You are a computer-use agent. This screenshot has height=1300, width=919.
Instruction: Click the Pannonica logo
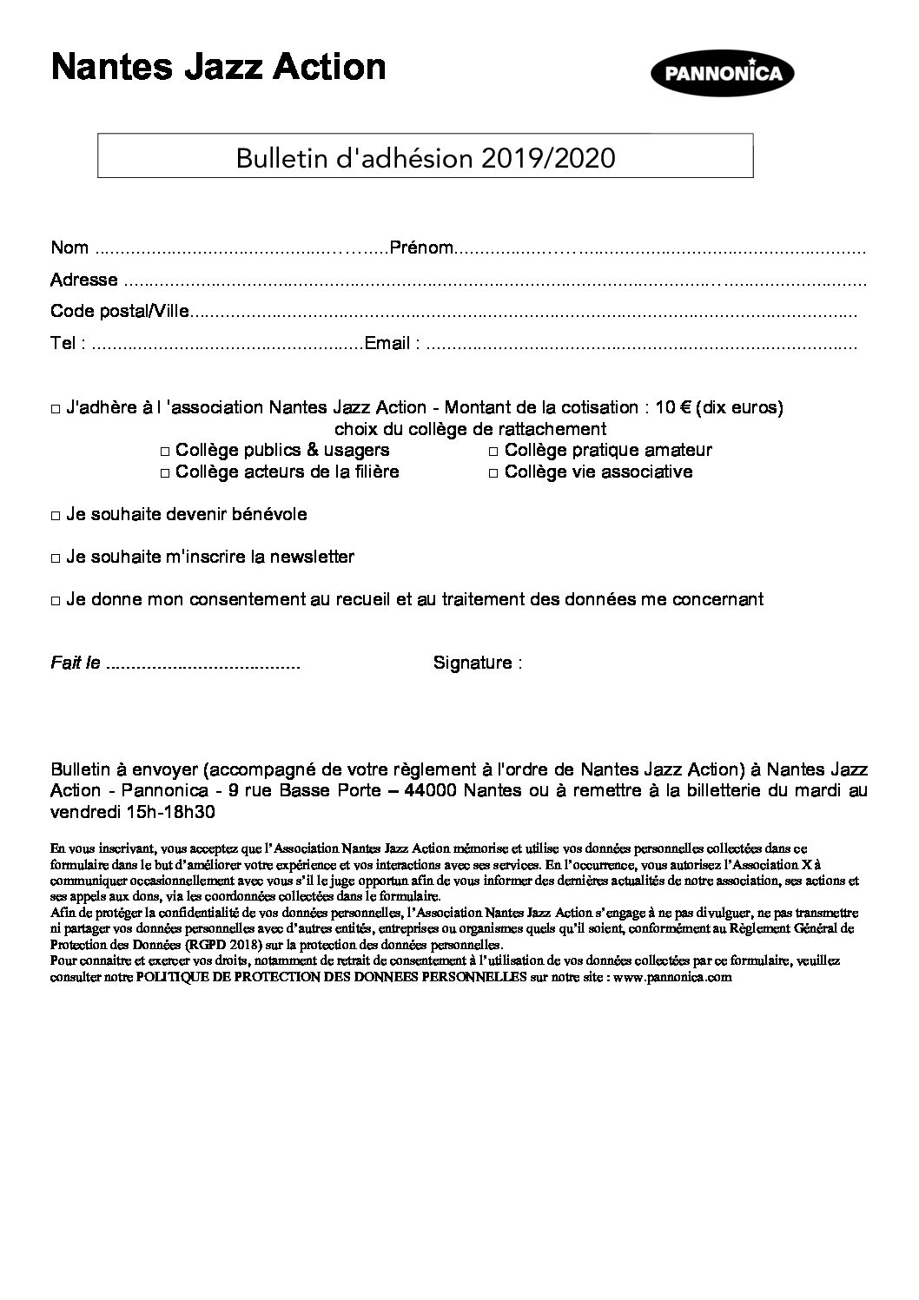coord(723,74)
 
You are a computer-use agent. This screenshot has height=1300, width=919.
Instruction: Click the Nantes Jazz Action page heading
coord(218,67)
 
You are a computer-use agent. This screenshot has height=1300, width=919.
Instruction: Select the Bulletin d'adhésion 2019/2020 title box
coord(425,156)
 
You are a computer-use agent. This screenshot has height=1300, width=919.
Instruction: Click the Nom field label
coord(69,248)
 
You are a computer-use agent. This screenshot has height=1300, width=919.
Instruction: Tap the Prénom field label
coord(421,248)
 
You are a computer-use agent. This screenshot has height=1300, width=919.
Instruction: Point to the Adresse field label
coord(83,280)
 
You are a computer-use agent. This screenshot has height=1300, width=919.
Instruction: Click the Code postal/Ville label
coord(119,311)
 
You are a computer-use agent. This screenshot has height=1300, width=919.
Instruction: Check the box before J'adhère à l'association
coord(56,409)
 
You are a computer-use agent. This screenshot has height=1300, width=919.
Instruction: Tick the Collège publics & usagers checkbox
coord(165,452)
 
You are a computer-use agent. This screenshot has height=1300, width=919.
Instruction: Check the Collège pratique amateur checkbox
coord(493,452)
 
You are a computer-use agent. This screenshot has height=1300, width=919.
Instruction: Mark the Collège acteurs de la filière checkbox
coord(165,473)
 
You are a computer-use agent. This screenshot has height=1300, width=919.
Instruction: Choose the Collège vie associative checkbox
coord(493,473)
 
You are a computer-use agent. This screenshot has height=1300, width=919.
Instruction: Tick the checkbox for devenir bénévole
coord(56,516)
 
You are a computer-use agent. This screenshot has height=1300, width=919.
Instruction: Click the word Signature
coord(473,663)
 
